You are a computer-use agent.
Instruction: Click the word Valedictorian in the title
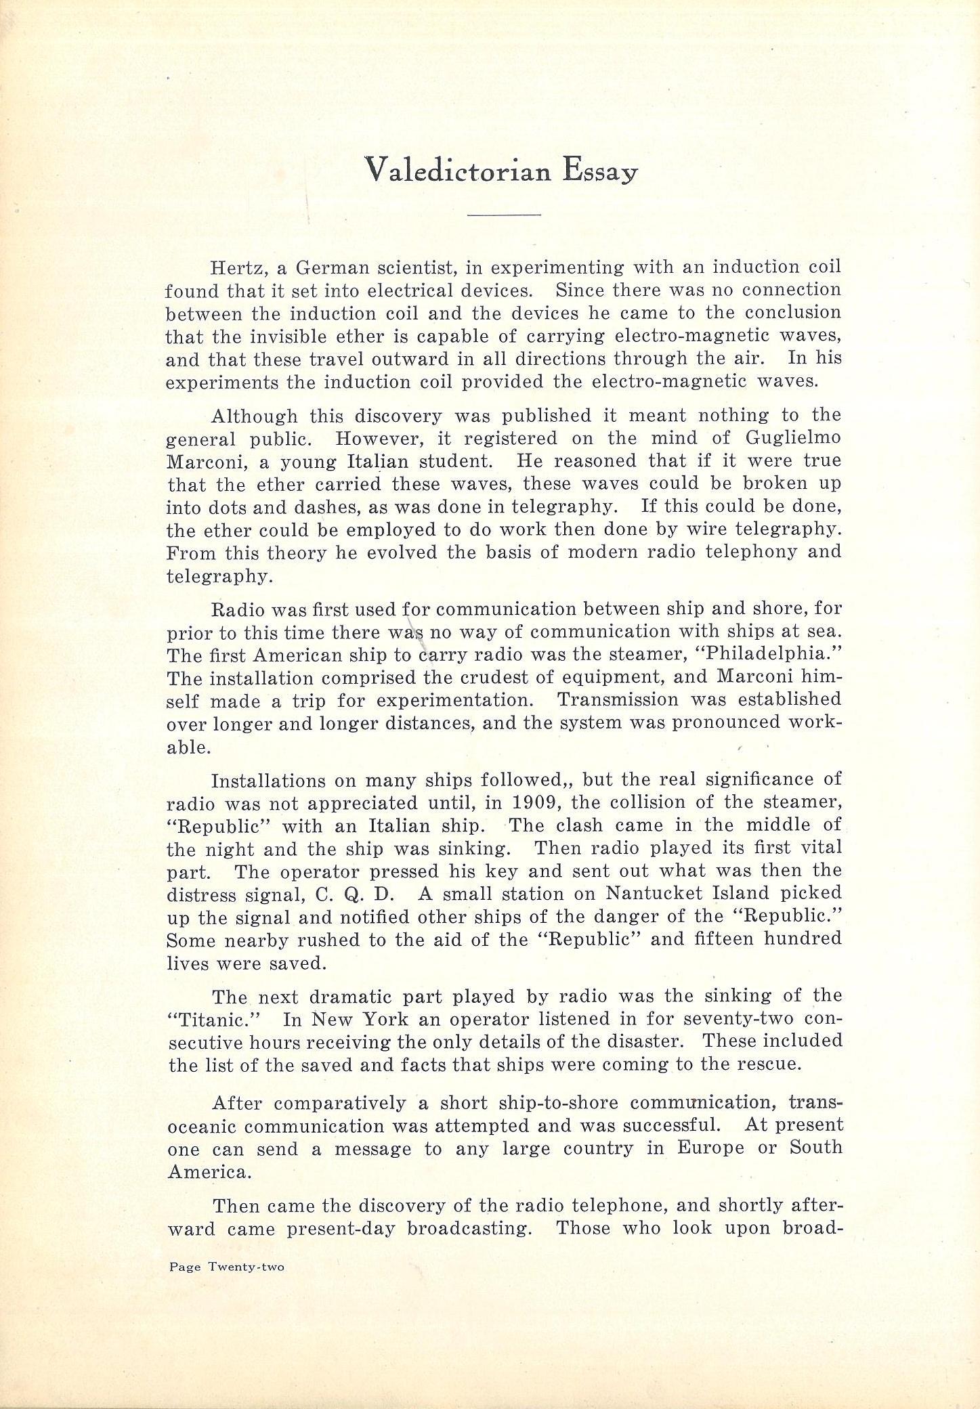(x=458, y=171)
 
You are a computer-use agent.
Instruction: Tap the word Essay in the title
(x=600, y=172)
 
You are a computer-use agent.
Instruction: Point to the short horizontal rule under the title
(x=504, y=215)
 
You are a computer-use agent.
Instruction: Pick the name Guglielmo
(x=793, y=438)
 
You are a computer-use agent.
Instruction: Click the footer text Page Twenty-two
(x=227, y=1267)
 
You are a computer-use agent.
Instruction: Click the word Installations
(x=268, y=781)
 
